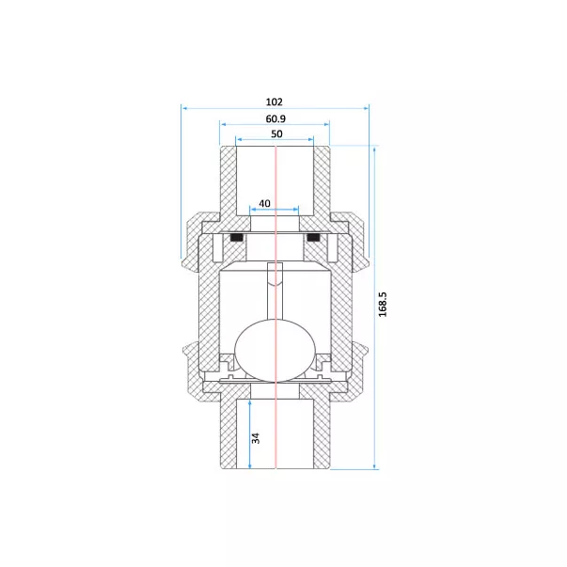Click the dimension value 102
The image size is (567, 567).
tap(275, 102)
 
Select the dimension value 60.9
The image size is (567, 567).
tap(276, 118)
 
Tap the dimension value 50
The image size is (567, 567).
tap(276, 134)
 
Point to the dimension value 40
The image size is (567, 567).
tap(265, 204)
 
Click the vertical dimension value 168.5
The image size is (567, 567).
tap(383, 305)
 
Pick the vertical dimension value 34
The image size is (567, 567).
tap(256, 438)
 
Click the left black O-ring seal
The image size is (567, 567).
tap(236, 238)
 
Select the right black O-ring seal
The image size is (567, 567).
tap(313, 238)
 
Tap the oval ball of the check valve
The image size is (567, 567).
tap(276, 351)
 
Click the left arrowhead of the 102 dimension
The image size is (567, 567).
tap(184, 108)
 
